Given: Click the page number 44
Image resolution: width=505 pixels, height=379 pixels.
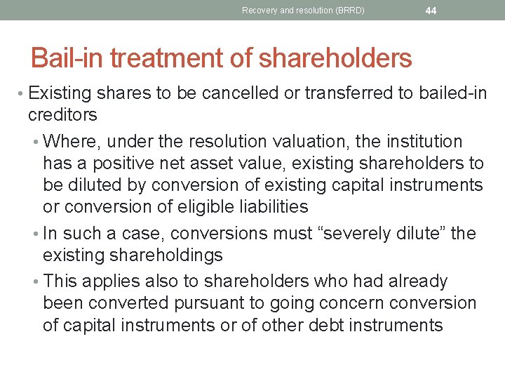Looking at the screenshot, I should coord(431,10).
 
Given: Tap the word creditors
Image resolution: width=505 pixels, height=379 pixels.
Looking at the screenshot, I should coord(62,114).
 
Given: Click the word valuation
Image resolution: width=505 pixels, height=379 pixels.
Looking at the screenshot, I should coord(312,142).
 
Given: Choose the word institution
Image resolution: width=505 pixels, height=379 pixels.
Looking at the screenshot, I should coord(417,142).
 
